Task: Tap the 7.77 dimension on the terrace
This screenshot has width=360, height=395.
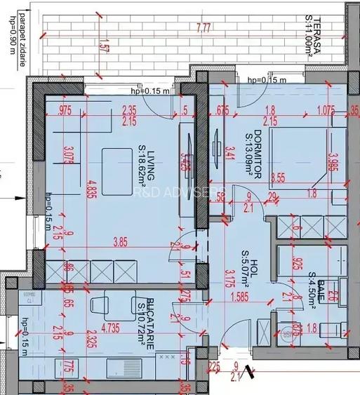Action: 204,28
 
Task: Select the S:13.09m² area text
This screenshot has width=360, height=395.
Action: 248,151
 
